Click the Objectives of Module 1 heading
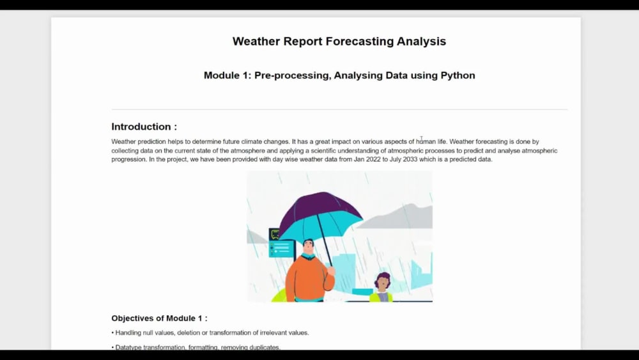(x=159, y=318)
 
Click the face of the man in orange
(x=309, y=247)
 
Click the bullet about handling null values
(x=211, y=333)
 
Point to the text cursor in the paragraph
(x=421, y=139)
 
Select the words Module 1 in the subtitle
(x=226, y=75)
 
